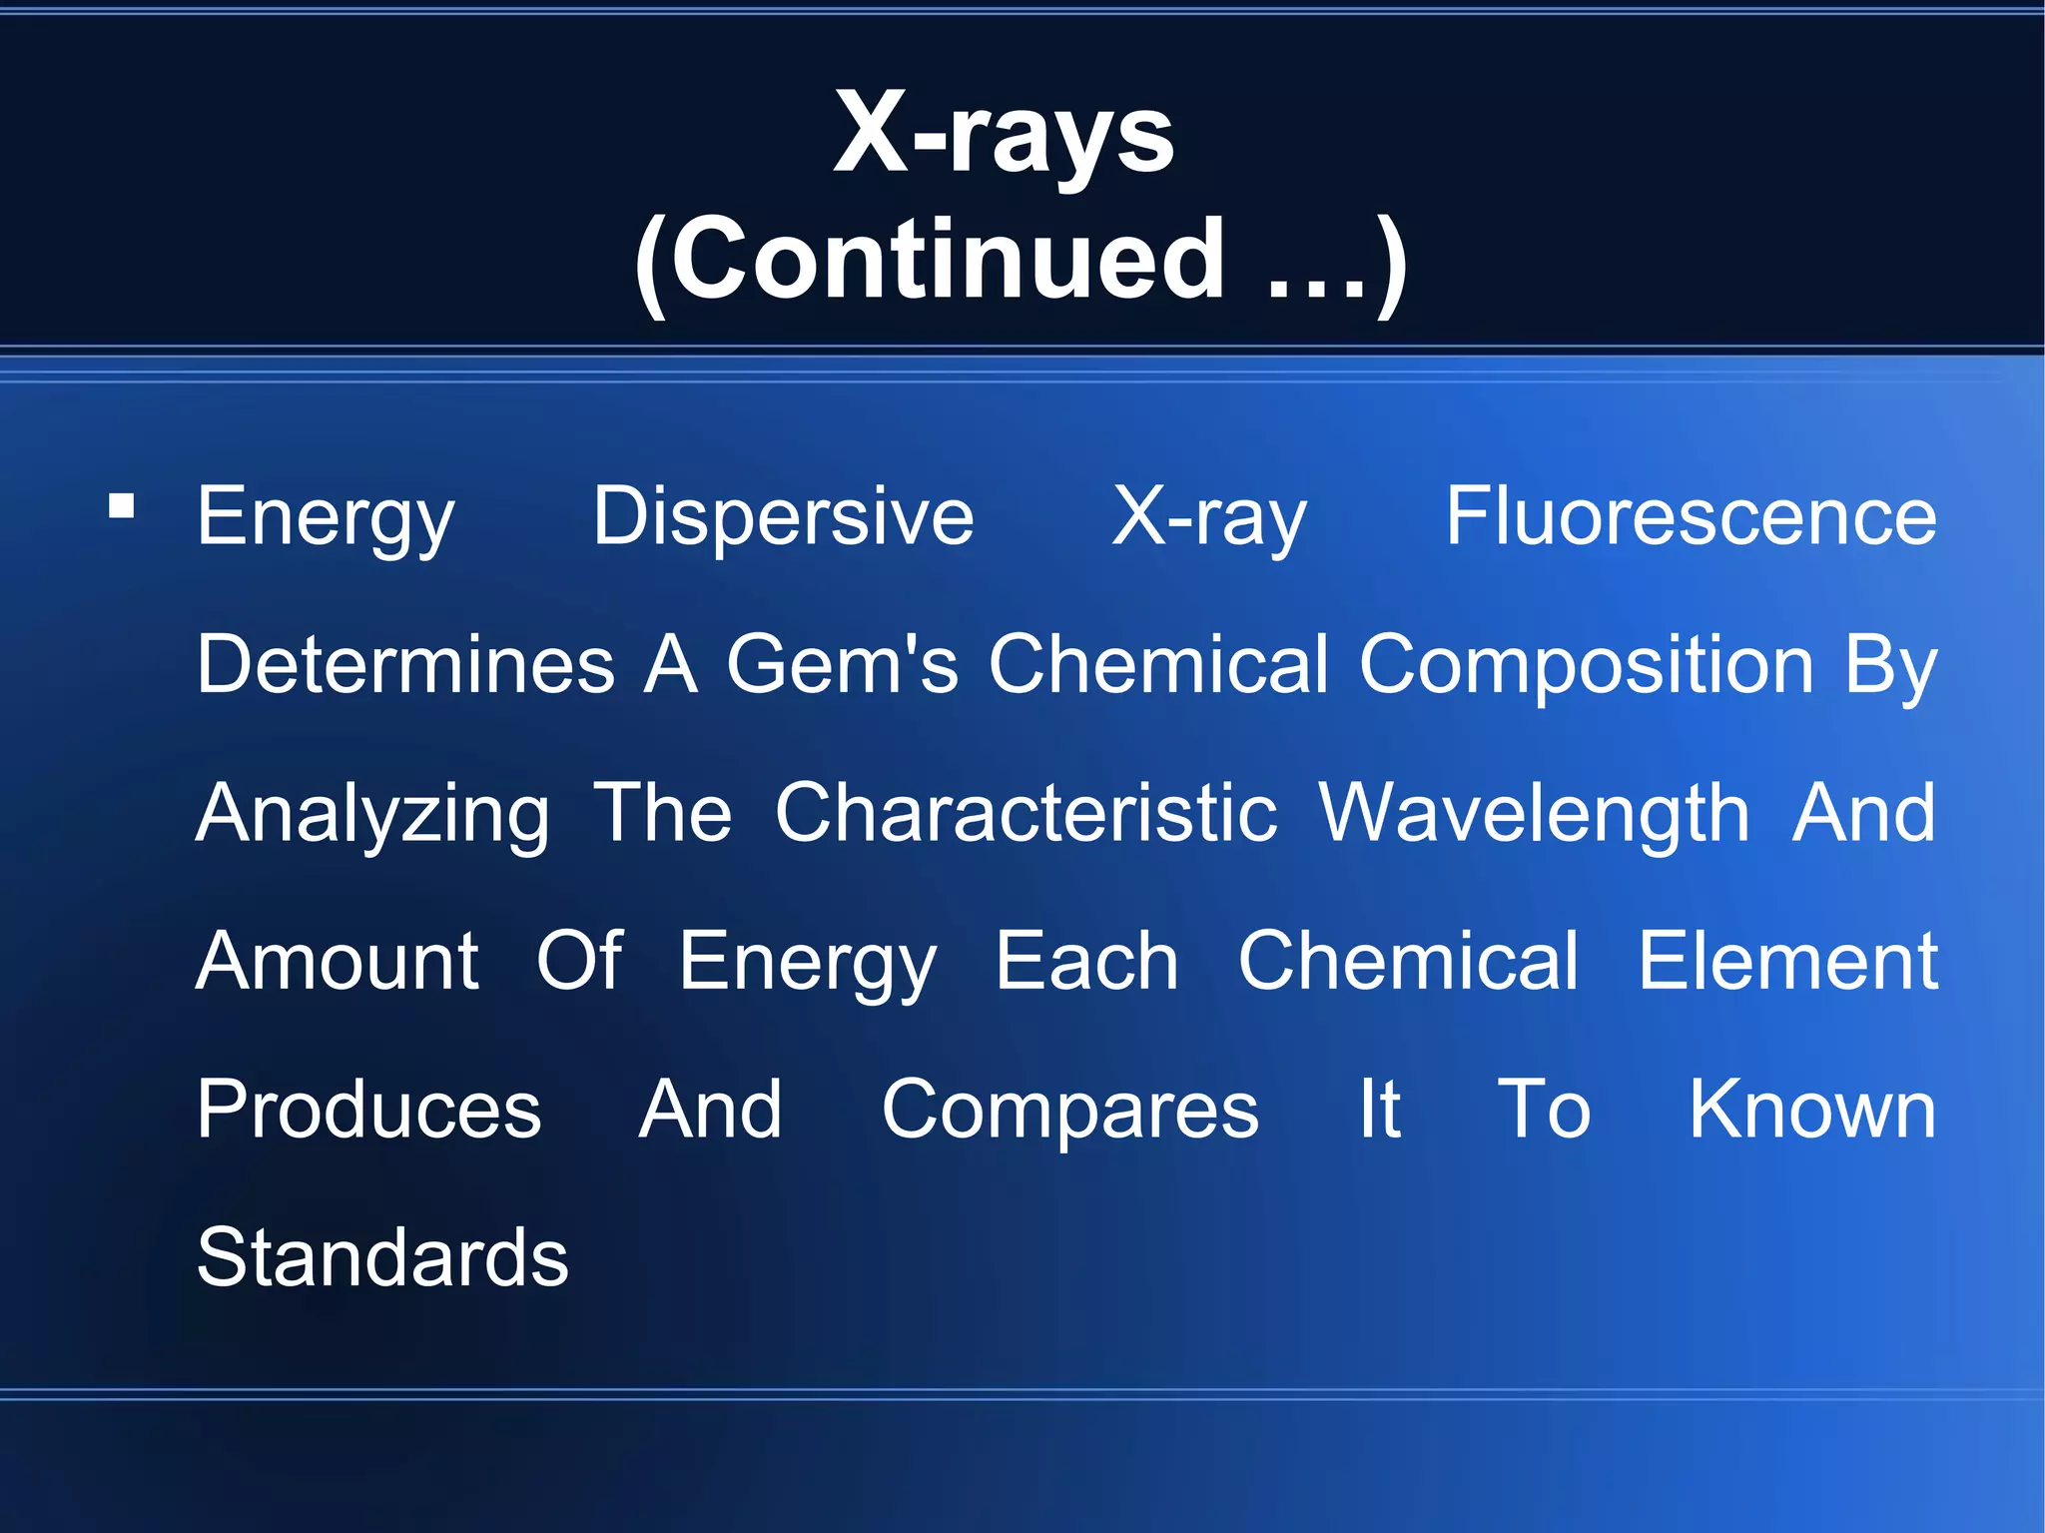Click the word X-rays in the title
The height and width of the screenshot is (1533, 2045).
1004,135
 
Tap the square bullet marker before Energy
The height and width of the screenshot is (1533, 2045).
122,507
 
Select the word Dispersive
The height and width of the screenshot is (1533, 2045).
783,517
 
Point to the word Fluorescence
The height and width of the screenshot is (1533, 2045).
1691,517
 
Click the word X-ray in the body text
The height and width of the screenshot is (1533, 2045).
1208,517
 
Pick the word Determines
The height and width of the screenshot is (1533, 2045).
405,665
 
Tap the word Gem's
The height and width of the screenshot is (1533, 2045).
841,665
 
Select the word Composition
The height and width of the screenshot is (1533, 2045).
1586,665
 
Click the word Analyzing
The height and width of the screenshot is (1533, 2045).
372,815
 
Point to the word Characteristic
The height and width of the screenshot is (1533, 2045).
1025,813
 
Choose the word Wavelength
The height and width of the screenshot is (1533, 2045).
1534,815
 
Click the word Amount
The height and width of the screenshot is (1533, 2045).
338,961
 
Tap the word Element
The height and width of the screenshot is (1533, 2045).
1787,961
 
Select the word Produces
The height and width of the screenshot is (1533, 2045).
368,1110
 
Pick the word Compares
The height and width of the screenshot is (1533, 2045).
1069,1112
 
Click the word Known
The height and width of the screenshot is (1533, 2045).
1811,1110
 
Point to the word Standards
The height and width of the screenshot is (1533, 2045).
382,1257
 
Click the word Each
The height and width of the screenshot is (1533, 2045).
1086,961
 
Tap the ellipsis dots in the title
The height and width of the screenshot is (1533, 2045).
1315,290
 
